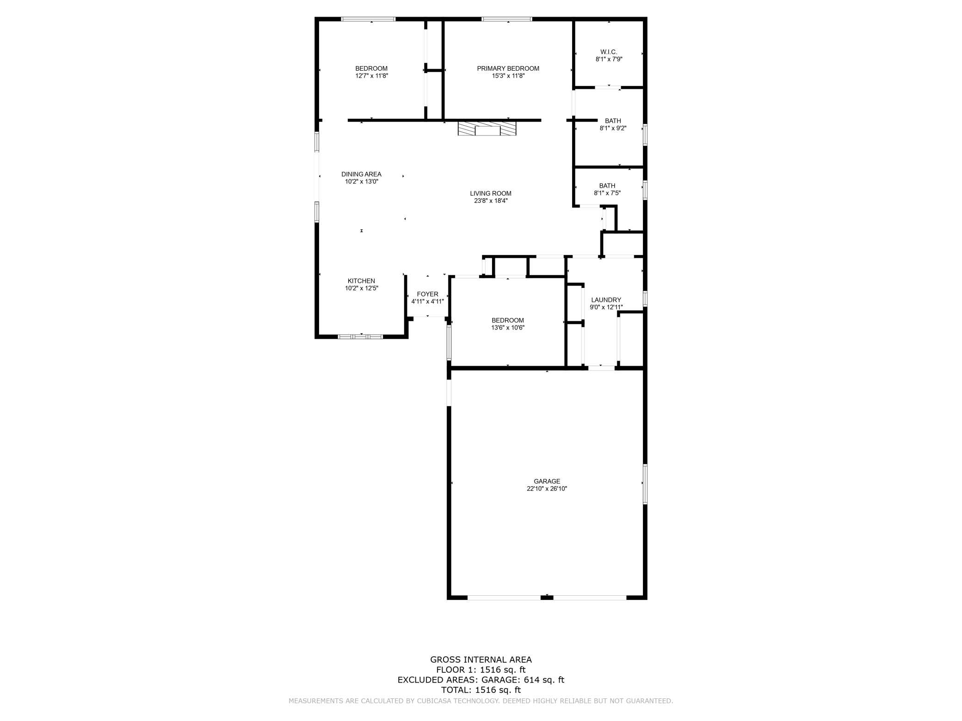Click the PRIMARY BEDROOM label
[508, 68]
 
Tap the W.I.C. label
[609, 52]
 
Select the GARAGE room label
[547, 481]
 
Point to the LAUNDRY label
[606, 300]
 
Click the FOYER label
[427, 294]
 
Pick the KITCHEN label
[361, 281]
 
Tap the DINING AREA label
[361, 174]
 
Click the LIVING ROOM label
[491, 194]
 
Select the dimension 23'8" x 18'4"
[491, 201]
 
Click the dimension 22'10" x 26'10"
[547, 489]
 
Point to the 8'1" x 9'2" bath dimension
[613, 128]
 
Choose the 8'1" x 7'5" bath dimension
[607, 193]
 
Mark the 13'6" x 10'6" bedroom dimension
[508, 328]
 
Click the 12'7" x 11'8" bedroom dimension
[371, 76]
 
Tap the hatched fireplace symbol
[487, 128]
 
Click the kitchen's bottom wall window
[361, 336]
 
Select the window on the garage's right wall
[645, 483]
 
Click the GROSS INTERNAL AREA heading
[481, 660]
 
